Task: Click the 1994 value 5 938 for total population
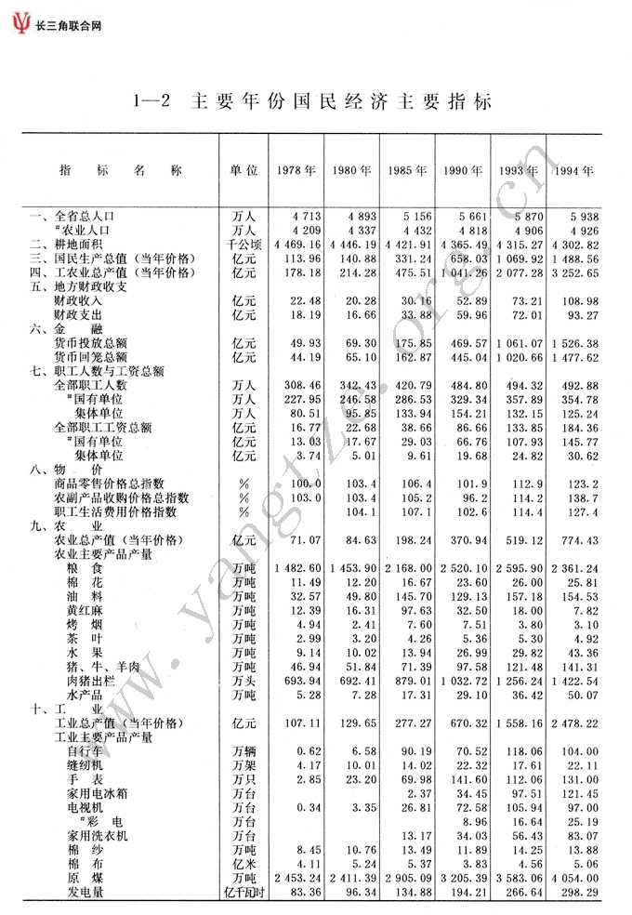pos(581,217)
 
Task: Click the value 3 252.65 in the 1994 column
pos(574,272)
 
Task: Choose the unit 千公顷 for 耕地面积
pos(244,245)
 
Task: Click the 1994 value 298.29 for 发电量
pos(580,892)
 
